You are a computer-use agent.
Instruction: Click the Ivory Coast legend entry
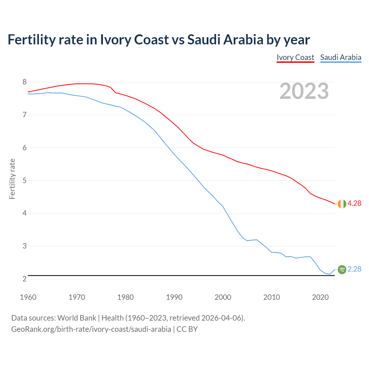(x=295, y=57)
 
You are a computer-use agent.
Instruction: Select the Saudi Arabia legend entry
(x=341, y=57)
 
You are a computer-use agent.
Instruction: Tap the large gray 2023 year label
(x=304, y=91)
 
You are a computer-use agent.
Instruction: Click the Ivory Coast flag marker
(x=342, y=204)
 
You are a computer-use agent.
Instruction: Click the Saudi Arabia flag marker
(x=342, y=269)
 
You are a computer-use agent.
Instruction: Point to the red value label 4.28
(x=354, y=204)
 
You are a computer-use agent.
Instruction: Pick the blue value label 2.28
(x=354, y=269)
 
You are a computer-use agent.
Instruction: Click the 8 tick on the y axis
(x=25, y=82)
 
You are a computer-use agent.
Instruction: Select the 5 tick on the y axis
(x=25, y=181)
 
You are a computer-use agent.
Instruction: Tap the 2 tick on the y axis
(x=25, y=279)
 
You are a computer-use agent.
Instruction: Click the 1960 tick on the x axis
(x=28, y=297)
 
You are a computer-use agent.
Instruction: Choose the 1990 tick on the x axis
(x=174, y=297)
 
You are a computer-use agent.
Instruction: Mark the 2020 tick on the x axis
(x=320, y=297)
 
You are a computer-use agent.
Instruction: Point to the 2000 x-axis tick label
(x=223, y=297)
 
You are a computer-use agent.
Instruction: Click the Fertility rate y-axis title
(x=12, y=179)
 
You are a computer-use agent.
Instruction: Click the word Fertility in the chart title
(x=31, y=39)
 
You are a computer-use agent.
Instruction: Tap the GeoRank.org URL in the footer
(x=91, y=329)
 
